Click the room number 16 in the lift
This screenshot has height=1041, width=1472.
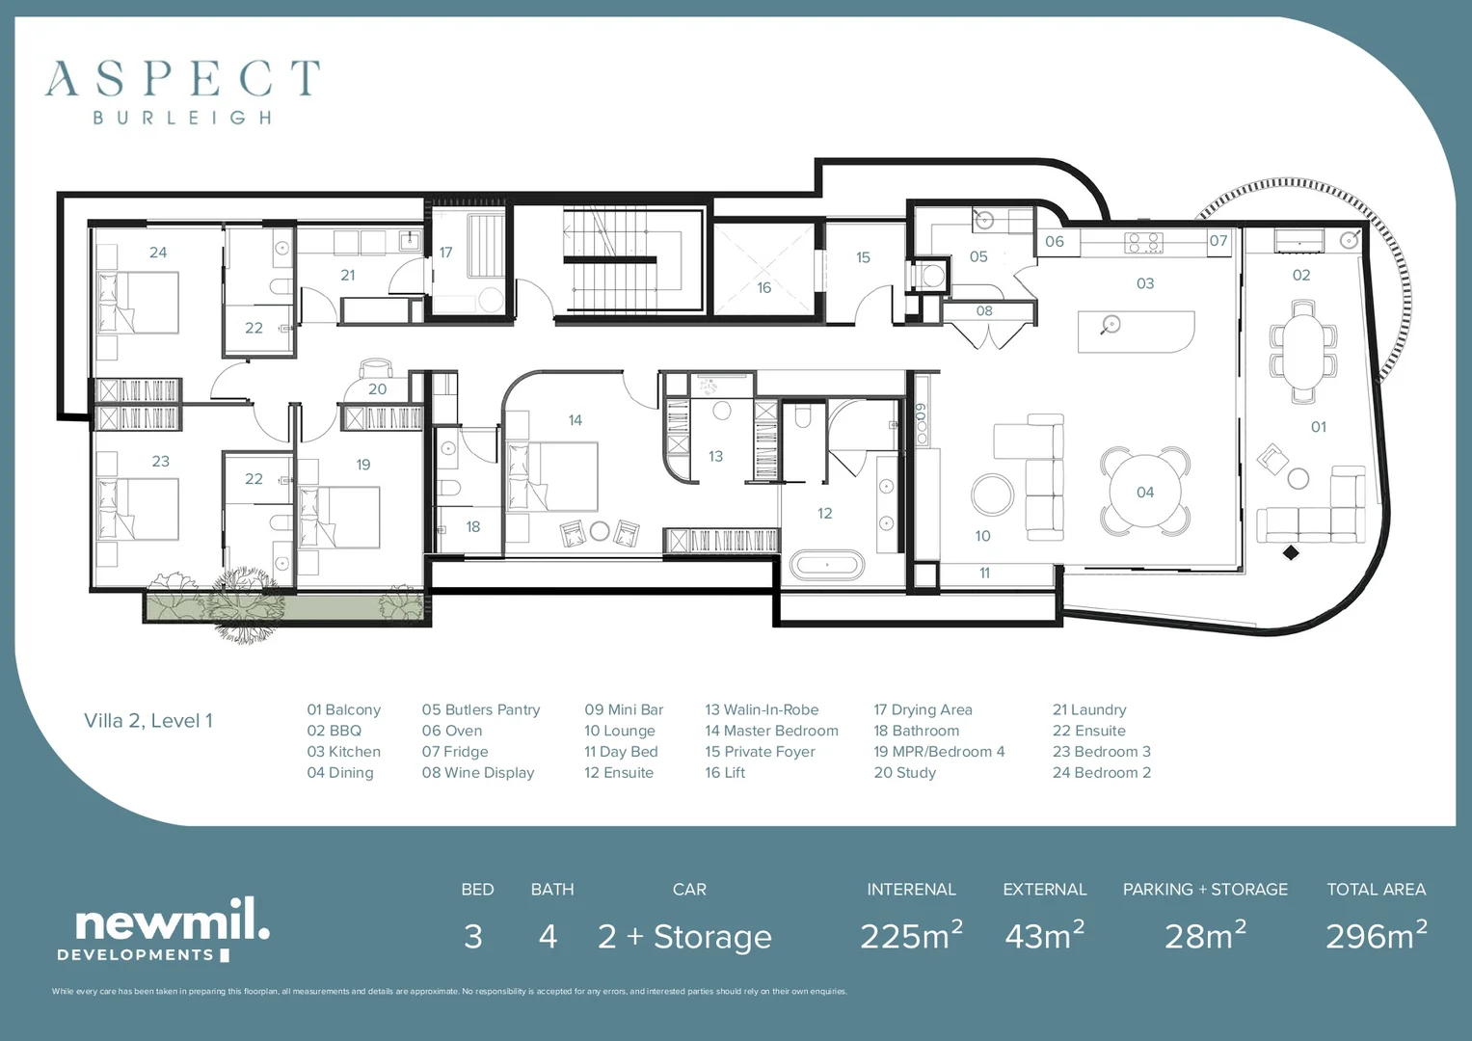763,287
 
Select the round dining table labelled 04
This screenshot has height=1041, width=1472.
1145,492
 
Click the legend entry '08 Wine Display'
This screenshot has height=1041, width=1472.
478,772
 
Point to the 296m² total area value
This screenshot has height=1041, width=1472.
1376,935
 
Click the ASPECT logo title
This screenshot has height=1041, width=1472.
183,78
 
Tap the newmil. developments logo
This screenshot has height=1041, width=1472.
164,929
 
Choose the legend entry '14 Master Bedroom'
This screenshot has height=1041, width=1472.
771,731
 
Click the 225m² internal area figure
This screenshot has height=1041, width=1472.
912,935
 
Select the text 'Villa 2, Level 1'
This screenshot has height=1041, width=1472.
147,720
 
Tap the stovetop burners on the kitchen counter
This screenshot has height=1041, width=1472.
1143,243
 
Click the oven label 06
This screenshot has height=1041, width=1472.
1054,241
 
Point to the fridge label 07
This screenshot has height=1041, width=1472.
1218,241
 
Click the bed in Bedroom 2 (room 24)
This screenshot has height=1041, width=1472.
138,303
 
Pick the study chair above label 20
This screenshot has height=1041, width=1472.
375,367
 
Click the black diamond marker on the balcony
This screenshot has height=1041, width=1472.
1291,552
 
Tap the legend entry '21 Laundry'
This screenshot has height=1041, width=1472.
1089,709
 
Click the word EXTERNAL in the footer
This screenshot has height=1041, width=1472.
1044,889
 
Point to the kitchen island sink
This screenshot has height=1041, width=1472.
1111,324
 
